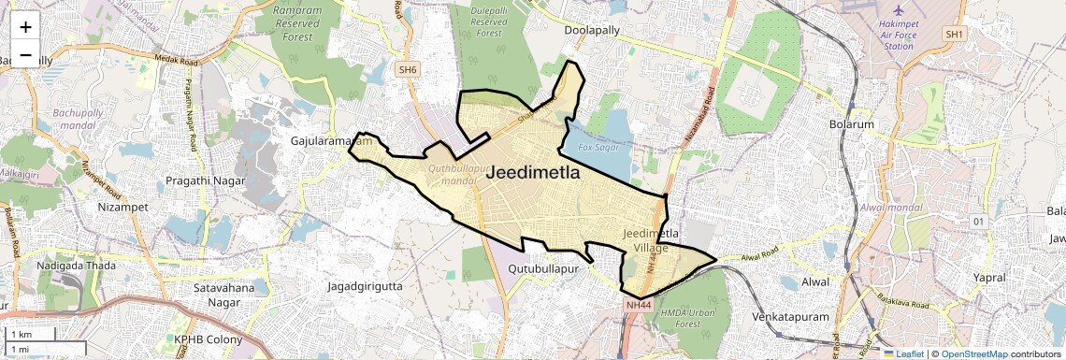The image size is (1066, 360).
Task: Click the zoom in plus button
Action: tap(25, 27)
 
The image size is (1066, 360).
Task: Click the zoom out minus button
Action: tap(25, 55)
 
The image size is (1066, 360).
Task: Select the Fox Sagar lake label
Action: tap(598, 148)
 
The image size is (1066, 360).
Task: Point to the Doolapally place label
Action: tap(592, 31)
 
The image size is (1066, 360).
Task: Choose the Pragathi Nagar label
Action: tap(205, 180)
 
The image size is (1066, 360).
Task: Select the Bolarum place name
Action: tap(851, 124)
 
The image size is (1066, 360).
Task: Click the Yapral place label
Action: tap(988, 278)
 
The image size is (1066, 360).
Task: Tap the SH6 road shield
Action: tap(407, 69)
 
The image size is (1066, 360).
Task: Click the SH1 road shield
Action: tap(953, 35)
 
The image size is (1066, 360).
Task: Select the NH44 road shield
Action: tap(639, 304)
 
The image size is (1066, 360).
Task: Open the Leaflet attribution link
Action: tap(907, 353)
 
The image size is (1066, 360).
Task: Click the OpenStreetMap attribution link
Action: tap(974, 353)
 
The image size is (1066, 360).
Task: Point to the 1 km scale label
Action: tap(21, 334)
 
